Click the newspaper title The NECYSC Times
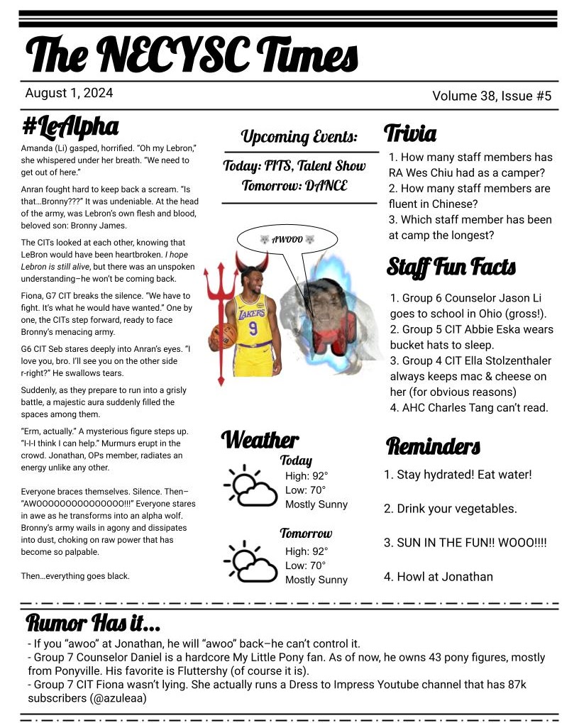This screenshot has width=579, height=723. click(192, 54)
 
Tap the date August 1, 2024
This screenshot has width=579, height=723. click(69, 93)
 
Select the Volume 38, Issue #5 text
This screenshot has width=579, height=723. click(491, 96)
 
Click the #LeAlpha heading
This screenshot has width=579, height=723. click(70, 127)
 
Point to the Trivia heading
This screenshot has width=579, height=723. click(409, 133)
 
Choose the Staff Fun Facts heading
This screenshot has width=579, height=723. click(451, 267)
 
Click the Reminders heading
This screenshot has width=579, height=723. click(433, 446)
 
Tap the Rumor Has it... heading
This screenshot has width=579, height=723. click(93, 624)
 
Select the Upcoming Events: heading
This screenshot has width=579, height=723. click(299, 136)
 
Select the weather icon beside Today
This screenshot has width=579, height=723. click(249, 486)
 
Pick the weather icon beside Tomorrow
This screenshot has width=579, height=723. click(249, 561)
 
